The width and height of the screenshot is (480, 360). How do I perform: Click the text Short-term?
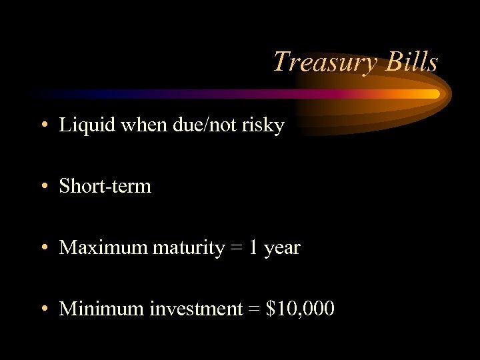[105, 186]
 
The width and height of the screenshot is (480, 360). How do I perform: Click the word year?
[282, 249]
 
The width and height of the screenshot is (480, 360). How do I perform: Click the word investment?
[197, 309]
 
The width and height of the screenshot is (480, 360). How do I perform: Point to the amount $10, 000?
[300, 309]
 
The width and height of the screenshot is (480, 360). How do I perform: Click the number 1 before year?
[253, 248]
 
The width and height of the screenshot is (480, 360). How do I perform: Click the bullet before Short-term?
[43, 187]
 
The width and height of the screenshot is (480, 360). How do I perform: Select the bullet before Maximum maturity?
[43, 249]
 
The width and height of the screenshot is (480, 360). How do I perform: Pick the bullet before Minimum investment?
[43, 309]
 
